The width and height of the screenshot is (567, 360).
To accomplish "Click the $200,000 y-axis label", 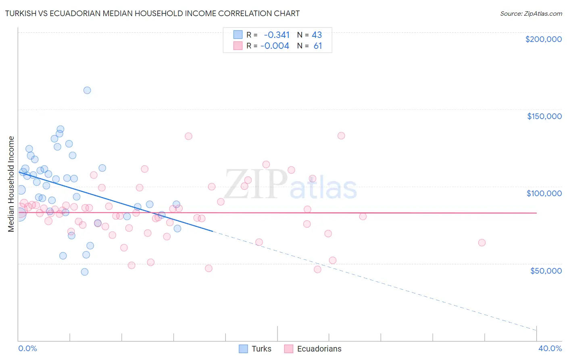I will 543,39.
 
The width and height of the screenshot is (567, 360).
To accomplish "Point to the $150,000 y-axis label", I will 544,116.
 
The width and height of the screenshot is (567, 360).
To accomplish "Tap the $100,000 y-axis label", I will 544,193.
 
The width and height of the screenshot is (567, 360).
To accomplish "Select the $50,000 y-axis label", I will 546,270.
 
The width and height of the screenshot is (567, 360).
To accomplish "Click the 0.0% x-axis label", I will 27,348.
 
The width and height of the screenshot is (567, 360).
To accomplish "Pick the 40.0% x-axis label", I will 550,348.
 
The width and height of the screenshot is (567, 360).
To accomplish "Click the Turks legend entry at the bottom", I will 261,349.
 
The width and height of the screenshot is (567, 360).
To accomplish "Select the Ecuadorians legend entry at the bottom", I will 319,349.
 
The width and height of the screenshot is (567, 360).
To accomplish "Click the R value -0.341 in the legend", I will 276,35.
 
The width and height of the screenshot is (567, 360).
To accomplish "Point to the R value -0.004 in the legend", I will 275,46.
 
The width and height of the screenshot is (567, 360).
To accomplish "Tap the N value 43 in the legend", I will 317,35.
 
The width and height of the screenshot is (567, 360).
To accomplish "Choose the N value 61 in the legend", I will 318,46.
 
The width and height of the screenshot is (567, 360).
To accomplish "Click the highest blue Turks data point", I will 87,90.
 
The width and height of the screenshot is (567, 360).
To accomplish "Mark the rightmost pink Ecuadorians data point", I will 482,243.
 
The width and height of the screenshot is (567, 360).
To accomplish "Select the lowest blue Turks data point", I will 85,272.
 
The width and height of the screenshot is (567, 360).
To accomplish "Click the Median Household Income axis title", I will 11,184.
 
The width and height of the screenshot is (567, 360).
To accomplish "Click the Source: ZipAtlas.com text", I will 531,14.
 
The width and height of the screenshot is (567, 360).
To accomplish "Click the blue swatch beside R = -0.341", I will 238,35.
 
